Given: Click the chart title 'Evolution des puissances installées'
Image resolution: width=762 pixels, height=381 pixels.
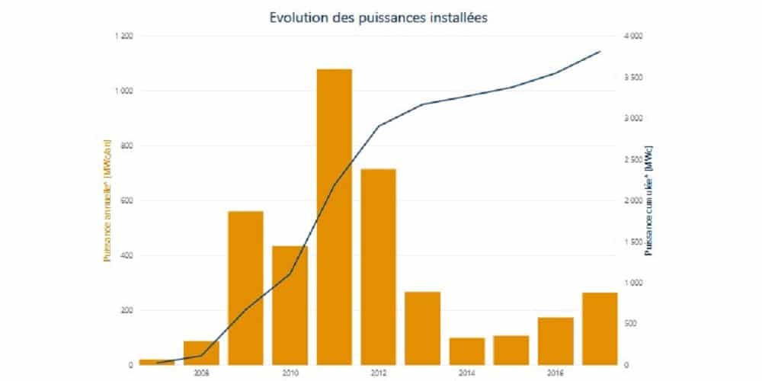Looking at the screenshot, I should [379, 17].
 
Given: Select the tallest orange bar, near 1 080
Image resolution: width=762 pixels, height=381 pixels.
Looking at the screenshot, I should [335, 216].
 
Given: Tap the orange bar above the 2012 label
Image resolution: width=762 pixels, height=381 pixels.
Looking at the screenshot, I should [379, 267].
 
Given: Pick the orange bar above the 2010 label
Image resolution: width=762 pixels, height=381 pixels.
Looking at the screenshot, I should [290, 305].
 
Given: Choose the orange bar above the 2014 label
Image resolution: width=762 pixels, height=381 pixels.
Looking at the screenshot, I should [467, 351].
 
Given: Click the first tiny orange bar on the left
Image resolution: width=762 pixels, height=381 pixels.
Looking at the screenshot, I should [157, 362].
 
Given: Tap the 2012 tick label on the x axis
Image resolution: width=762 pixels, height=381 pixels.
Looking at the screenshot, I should [379, 373].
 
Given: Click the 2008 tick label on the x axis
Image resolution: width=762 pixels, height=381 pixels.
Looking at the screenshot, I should [201, 373].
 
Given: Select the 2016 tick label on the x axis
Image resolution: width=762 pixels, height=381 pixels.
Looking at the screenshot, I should [555, 373].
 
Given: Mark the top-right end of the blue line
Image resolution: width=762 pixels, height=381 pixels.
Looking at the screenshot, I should [600, 52].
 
